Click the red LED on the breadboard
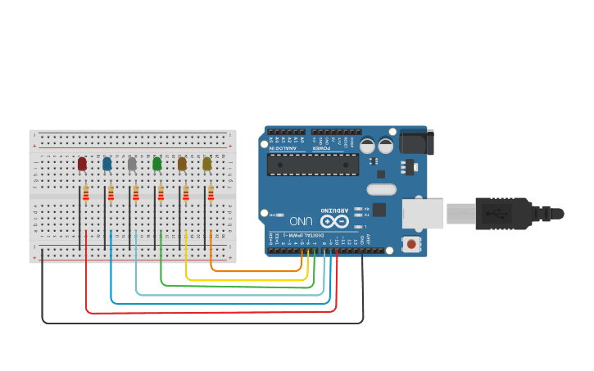click(82, 164)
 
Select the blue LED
click(107, 164)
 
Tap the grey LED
click(132, 164)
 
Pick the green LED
click(157, 164)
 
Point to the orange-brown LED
click(182, 164)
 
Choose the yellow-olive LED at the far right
click(207, 164)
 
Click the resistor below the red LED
click(86, 193)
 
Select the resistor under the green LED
click(161, 193)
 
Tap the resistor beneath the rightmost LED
click(211, 193)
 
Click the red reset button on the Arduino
click(411, 243)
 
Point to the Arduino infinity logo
click(333, 221)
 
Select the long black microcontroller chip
click(313, 165)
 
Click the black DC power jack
click(417, 143)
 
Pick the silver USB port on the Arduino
click(423, 213)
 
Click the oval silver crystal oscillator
click(381, 190)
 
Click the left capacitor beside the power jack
click(367, 146)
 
